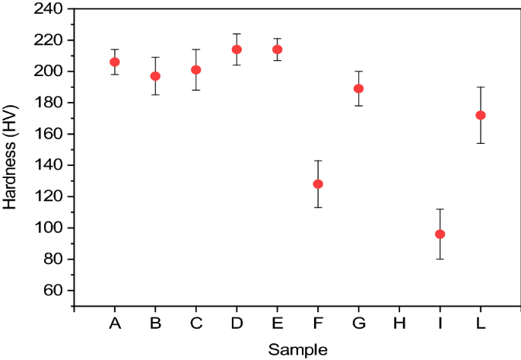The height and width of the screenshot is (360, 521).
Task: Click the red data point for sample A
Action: click(x=115, y=62)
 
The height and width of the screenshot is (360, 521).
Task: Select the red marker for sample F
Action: click(x=318, y=184)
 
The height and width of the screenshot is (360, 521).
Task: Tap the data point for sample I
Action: click(x=440, y=234)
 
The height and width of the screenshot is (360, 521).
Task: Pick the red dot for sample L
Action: click(x=481, y=116)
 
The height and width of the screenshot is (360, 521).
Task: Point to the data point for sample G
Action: click(x=359, y=88)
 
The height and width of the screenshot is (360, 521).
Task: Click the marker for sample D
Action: click(x=237, y=49)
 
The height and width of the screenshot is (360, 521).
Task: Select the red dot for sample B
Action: click(x=155, y=76)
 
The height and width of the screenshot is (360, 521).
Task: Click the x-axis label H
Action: click(x=399, y=324)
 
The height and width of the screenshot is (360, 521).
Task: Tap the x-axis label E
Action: click(x=278, y=324)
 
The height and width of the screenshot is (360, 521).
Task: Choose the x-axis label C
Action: click(x=196, y=324)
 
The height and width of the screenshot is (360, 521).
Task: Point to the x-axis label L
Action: click(x=481, y=324)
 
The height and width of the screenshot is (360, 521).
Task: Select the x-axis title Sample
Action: click(x=297, y=350)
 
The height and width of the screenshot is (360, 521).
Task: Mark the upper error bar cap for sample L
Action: click(x=481, y=87)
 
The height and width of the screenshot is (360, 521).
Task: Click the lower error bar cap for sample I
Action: click(x=440, y=259)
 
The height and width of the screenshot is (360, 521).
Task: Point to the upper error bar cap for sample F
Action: click(x=318, y=161)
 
